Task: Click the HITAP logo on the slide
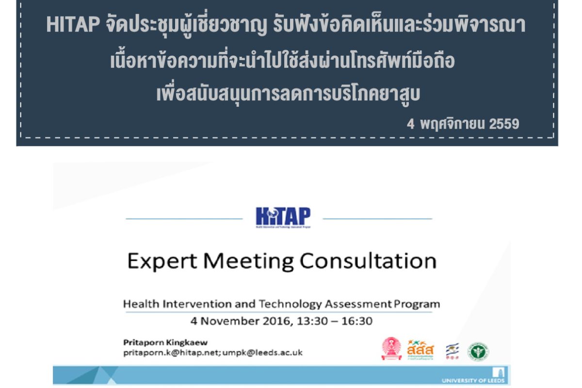[x=283, y=217]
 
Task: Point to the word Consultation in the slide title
[x=368, y=261]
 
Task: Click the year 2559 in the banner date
[x=504, y=124]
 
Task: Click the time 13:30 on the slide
[x=303, y=321]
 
